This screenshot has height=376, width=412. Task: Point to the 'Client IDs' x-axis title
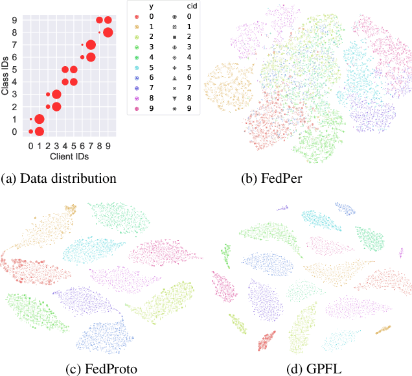point(69,156)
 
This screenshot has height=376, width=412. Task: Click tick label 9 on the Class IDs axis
point(15,20)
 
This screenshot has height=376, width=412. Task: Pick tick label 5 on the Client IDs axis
point(73,146)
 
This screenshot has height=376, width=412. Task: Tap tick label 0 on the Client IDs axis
point(30,146)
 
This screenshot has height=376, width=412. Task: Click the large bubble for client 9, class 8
point(108,32)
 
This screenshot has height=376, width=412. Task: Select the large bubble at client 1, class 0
point(39,132)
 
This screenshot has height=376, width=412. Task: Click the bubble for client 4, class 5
point(65,69)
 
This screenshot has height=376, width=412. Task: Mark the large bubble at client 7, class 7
point(91,45)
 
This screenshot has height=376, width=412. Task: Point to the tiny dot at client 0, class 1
point(30,119)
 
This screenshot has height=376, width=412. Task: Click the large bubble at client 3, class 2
point(56,107)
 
